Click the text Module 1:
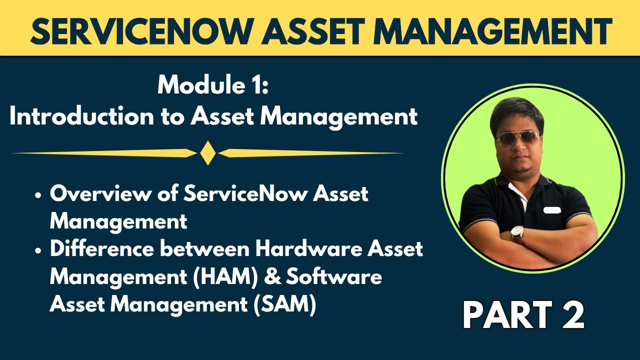coord(213,85)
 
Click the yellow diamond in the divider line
coord(207,153)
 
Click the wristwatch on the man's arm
coord(517,233)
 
